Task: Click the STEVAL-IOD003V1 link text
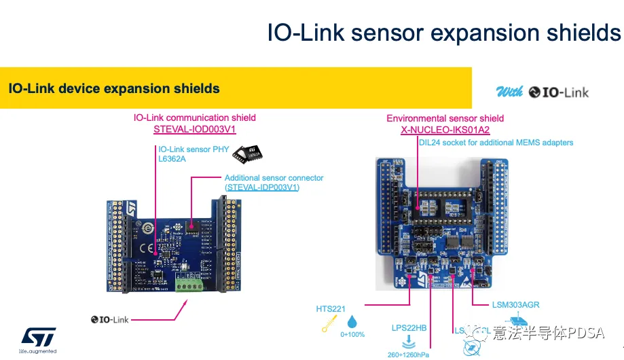[195, 129]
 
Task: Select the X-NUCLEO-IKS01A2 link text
[445, 130]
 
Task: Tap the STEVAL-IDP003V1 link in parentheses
[262, 187]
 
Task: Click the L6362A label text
[172, 159]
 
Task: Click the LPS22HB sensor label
[409, 328]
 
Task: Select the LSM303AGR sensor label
[516, 305]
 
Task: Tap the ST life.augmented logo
[37, 340]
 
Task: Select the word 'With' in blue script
[509, 92]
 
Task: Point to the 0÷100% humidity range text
[352, 335]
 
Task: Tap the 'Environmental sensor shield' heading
[445, 118]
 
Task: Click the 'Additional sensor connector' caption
[274, 178]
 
